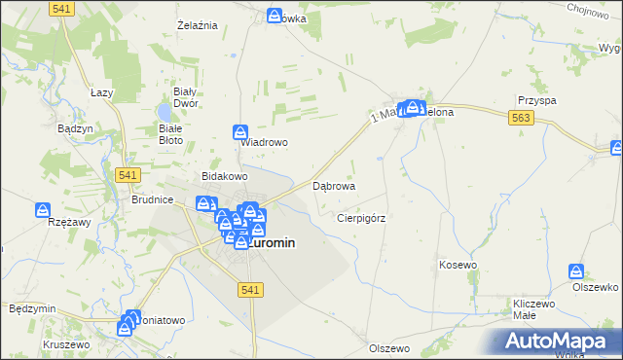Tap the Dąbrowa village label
coord(333,185)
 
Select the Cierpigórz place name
coord(361,219)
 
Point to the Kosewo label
coord(458,265)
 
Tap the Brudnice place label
coord(152,199)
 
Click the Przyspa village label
coord(537,100)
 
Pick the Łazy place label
coord(102,91)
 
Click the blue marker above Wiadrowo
coord(240,131)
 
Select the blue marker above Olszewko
coord(578,270)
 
